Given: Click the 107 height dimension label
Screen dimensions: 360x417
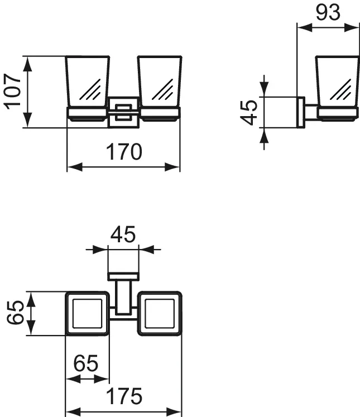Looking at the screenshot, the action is pos(12,92).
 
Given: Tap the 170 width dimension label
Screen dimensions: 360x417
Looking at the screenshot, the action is pos(124,152).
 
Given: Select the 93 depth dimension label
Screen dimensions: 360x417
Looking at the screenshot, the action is pos(328,12).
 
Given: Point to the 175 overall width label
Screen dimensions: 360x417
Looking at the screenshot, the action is pos(124,396).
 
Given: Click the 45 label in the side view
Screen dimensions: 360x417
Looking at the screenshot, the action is pos(249,113).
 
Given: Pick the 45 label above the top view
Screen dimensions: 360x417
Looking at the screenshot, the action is pos(123,234).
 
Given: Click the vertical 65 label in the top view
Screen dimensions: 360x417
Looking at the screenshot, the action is pos(15,313).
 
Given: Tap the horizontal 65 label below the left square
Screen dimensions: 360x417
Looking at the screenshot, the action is pos(86,363).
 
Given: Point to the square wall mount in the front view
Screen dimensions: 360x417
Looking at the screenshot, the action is pos(123,113).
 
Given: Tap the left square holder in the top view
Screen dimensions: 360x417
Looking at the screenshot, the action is pos(87,313).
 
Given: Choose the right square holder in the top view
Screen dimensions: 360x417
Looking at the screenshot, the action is pos(160,313).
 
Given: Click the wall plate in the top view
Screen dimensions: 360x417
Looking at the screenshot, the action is pos(123,276).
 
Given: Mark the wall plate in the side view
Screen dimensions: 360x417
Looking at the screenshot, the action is pos(301,112).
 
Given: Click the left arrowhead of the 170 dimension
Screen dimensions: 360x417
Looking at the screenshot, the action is pos(75,167).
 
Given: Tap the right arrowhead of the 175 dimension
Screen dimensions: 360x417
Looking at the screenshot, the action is pos(174,412).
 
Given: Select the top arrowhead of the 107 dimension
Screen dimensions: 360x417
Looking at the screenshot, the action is pos(27,64).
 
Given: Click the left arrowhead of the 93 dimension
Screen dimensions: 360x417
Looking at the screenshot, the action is pos(305,27).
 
